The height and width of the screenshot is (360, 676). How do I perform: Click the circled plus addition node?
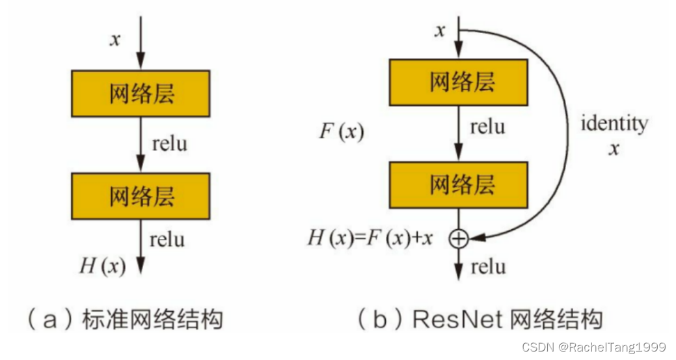pos(459,239)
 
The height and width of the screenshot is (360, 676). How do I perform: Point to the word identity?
pos(614,123)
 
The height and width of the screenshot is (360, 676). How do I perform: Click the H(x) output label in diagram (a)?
pos(102,265)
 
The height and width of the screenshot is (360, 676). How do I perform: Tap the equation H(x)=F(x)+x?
pos(370,238)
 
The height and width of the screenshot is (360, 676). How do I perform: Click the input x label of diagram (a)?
pos(115,39)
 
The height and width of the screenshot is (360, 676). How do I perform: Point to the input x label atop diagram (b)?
pos(440,30)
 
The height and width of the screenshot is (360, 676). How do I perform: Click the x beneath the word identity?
pos(613,148)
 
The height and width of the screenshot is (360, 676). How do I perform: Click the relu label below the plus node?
pos(488,266)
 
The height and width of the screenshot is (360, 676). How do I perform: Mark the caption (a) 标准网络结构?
pos(124,320)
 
